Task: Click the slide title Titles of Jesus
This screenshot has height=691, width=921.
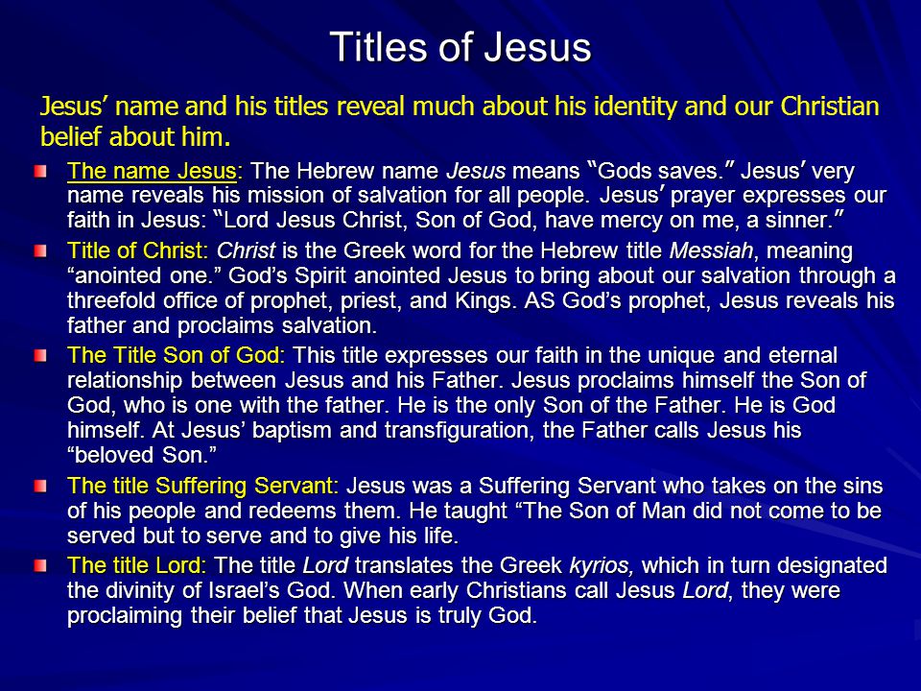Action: point(460,46)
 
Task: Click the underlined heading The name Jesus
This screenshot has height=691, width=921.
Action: point(152,171)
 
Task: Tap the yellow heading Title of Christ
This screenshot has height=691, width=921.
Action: point(137,250)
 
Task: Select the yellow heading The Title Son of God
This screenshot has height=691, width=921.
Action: point(176,355)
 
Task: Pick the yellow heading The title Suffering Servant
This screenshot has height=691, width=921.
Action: point(203,486)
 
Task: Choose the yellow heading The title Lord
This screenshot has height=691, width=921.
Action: point(137,565)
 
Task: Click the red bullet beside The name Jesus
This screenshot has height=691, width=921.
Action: point(40,172)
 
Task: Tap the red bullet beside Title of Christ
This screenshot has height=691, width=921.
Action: point(40,251)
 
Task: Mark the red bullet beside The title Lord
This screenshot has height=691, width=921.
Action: point(40,566)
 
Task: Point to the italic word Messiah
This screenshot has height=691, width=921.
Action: point(711,250)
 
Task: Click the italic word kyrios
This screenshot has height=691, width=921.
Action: point(602,566)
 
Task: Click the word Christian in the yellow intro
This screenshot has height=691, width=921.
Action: point(829,107)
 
